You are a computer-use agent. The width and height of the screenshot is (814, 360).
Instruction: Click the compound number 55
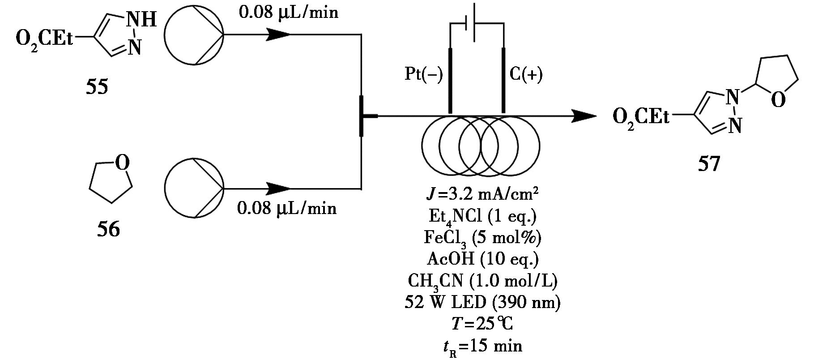pos(97,86)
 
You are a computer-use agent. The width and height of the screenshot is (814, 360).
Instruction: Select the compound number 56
pos(109,229)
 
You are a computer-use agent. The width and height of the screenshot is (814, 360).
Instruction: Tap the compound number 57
pos(709,163)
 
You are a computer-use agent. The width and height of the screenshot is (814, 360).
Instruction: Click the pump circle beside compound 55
pos(194,34)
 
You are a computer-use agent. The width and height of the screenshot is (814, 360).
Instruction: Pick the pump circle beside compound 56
pos(194,188)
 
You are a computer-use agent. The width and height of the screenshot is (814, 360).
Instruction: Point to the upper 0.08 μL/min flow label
pos(289,12)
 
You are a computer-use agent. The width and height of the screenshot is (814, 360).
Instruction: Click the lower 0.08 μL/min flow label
pos(287,208)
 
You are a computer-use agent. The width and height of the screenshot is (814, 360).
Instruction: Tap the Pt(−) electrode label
pos(423,74)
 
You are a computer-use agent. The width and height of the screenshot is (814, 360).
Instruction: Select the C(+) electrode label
pos(526,74)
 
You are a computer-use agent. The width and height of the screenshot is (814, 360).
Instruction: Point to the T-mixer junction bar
pos(362,116)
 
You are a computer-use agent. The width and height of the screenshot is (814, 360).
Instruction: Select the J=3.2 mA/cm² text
pos(482,195)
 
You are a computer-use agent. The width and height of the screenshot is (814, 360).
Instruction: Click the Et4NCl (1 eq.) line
pos(482,217)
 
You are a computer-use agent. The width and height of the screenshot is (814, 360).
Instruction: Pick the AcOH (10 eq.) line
pos(482,259)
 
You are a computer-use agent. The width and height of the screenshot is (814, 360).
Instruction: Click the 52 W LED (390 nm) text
pos(482,303)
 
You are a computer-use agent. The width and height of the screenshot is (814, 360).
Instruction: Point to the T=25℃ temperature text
pos(482,324)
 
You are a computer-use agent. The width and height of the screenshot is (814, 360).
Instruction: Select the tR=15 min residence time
pos(482,346)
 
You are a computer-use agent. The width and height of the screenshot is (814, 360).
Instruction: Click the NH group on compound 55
pos(141,20)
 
